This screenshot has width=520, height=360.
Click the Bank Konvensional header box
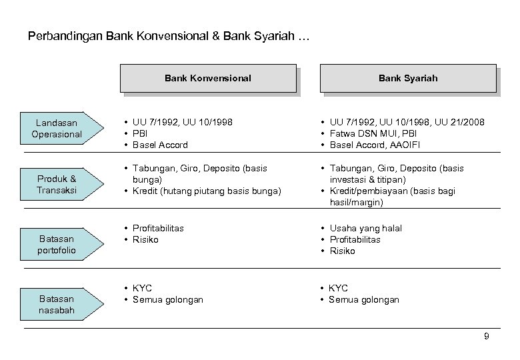tap(208, 78)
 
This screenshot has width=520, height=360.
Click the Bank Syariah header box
tap(408, 78)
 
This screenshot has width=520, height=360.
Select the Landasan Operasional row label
tap(57, 129)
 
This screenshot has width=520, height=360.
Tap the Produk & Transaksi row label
tap(57, 185)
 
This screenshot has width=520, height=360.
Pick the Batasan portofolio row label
tap(57, 244)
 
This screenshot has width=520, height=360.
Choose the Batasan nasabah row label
tap(57, 305)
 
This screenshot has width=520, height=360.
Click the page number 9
tap(486, 336)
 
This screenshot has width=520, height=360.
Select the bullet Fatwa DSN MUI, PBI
tap(371, 133)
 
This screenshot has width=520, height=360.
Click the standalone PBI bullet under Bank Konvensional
tap(141, 133)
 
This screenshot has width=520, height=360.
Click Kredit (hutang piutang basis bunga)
tap(207, 191)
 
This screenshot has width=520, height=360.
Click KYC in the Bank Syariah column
tap(338, 288)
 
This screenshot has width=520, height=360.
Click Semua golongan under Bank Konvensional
tap(168, 299)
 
